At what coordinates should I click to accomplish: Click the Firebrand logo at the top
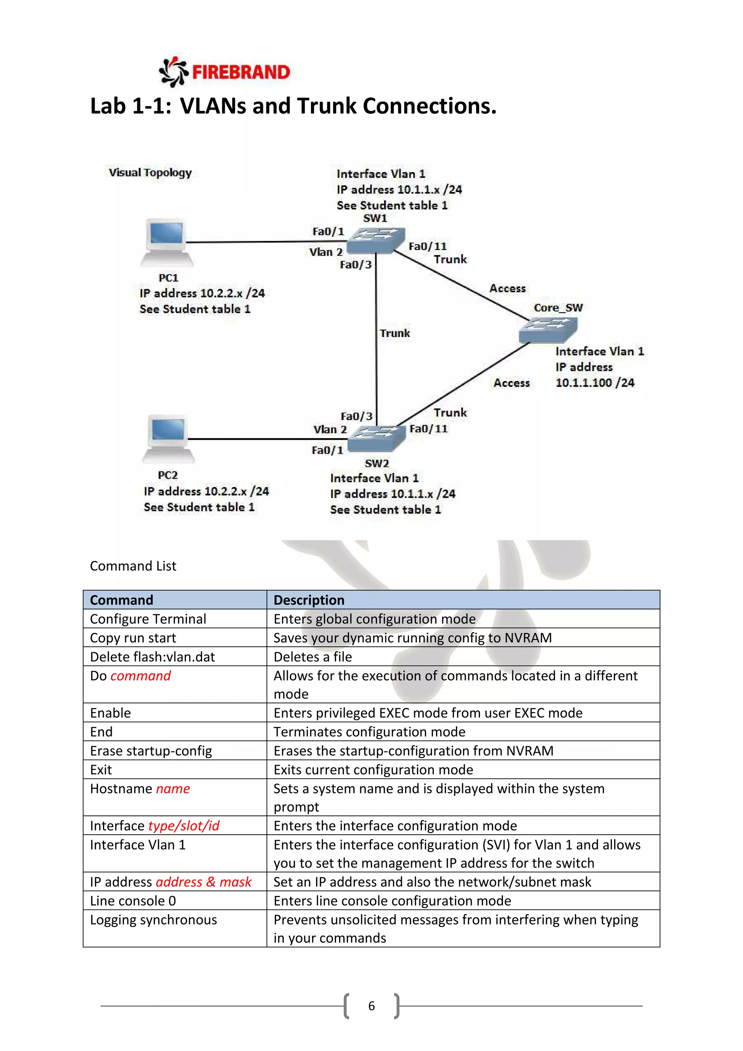pyautogui.click(x=224, y=72)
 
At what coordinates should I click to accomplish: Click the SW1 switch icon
pyautogui.click(x=375, y=240)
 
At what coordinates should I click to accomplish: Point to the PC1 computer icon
pyautogui.click(x=167, y=243)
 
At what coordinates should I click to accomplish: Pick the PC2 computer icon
pyautogui.click(x=168, y=439)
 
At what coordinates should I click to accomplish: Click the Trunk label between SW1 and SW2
pyautogui.click(x=394, y=333)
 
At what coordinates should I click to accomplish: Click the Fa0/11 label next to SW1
pyautogui.click(x=427, y=246)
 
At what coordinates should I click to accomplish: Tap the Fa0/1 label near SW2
pyautogui.click(x=327, y=450)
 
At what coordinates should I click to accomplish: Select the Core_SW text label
pyautogui.click(x=558, y=308)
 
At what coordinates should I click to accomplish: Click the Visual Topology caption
pyautogui.click(x=150, y=173)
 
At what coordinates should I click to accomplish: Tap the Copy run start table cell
pyautogui.click(x=133, y=638)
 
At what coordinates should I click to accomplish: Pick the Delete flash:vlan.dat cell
pyautogui.click(x=152, y=657)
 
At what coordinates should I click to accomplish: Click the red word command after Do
pyautogui.click(x=140, y=676)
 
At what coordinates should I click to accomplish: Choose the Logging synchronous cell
pyautogui.click(x=153, y=920)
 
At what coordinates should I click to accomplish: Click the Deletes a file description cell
pyautogui.click(x=313, y=657)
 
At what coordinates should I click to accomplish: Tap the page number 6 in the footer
pyautogui.click(x=371, y=1006)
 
